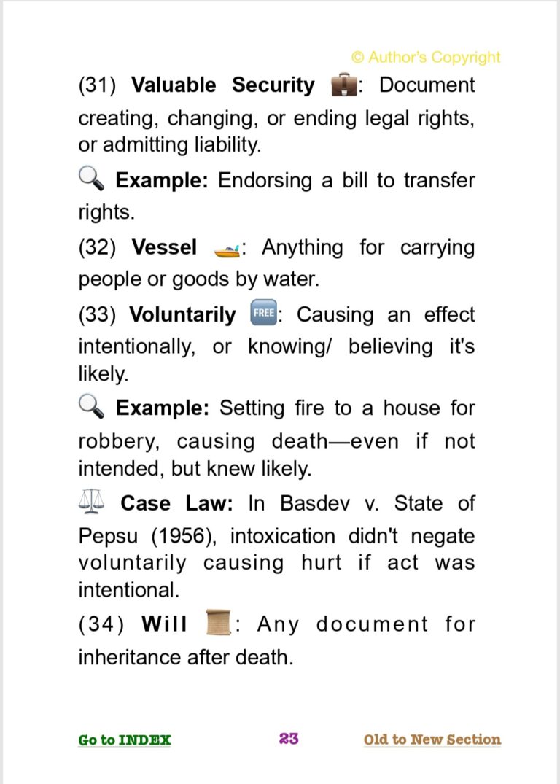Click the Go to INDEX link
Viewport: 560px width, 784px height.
pyautogui.click(x=125, y=740)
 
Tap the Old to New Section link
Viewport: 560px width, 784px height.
pyautogui.click(x=432, y=740)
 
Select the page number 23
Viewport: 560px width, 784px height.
pyautogui.click(x=289, y=739)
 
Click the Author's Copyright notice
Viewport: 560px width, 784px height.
pyautogui.click(x=426, y=57)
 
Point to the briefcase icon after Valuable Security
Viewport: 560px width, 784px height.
pyautogui.click(x=344, y=85)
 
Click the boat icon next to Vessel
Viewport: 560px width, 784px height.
pyautogui.click(x=227, y=249)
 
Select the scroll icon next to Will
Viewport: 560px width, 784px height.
pyautogui.click(x=219, y=624)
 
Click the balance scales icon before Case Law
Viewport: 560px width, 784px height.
pyautogui.click(x=91, y=502)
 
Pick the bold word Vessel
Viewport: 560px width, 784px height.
pyautogui.click(x=164, y=248)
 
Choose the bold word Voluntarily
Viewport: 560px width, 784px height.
pyautogui.click(x=182, y=315)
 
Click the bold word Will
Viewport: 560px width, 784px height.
pyautogui.click(x=165, y=624)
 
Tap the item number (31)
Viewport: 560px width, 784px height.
pyautogui.click(x=98, y=85)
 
